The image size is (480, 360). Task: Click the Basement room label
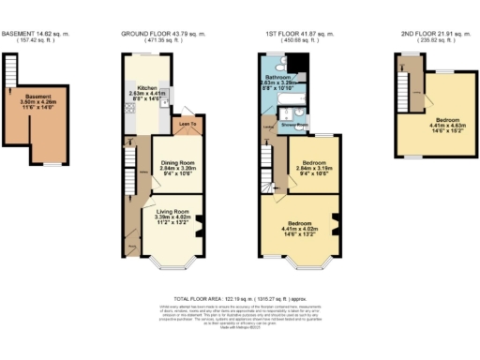(38, 97)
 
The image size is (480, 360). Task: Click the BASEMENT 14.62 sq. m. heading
(41, 35)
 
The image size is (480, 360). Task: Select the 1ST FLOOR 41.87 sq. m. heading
(296, 35)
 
